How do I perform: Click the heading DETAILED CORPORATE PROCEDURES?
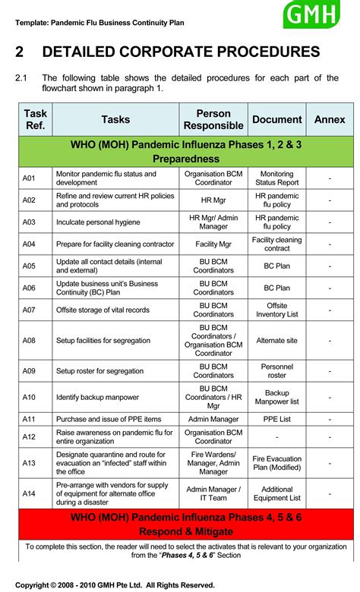[181, 52]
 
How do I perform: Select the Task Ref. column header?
[36, 119]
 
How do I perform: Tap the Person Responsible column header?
[213, 119]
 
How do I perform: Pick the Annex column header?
[330, 119]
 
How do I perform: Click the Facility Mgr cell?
[213, 244]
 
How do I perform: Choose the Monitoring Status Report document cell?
[277, 178]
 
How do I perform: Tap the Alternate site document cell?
[277, 341]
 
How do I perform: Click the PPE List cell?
[277, 419]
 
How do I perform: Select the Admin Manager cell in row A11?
[213, 419]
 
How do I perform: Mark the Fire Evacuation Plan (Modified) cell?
[277, 463]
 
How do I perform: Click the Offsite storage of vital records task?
[103, 310]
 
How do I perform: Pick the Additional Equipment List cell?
[277, 494]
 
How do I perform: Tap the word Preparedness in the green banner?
[186, 159]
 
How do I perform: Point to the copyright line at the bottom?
[115, 584]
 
